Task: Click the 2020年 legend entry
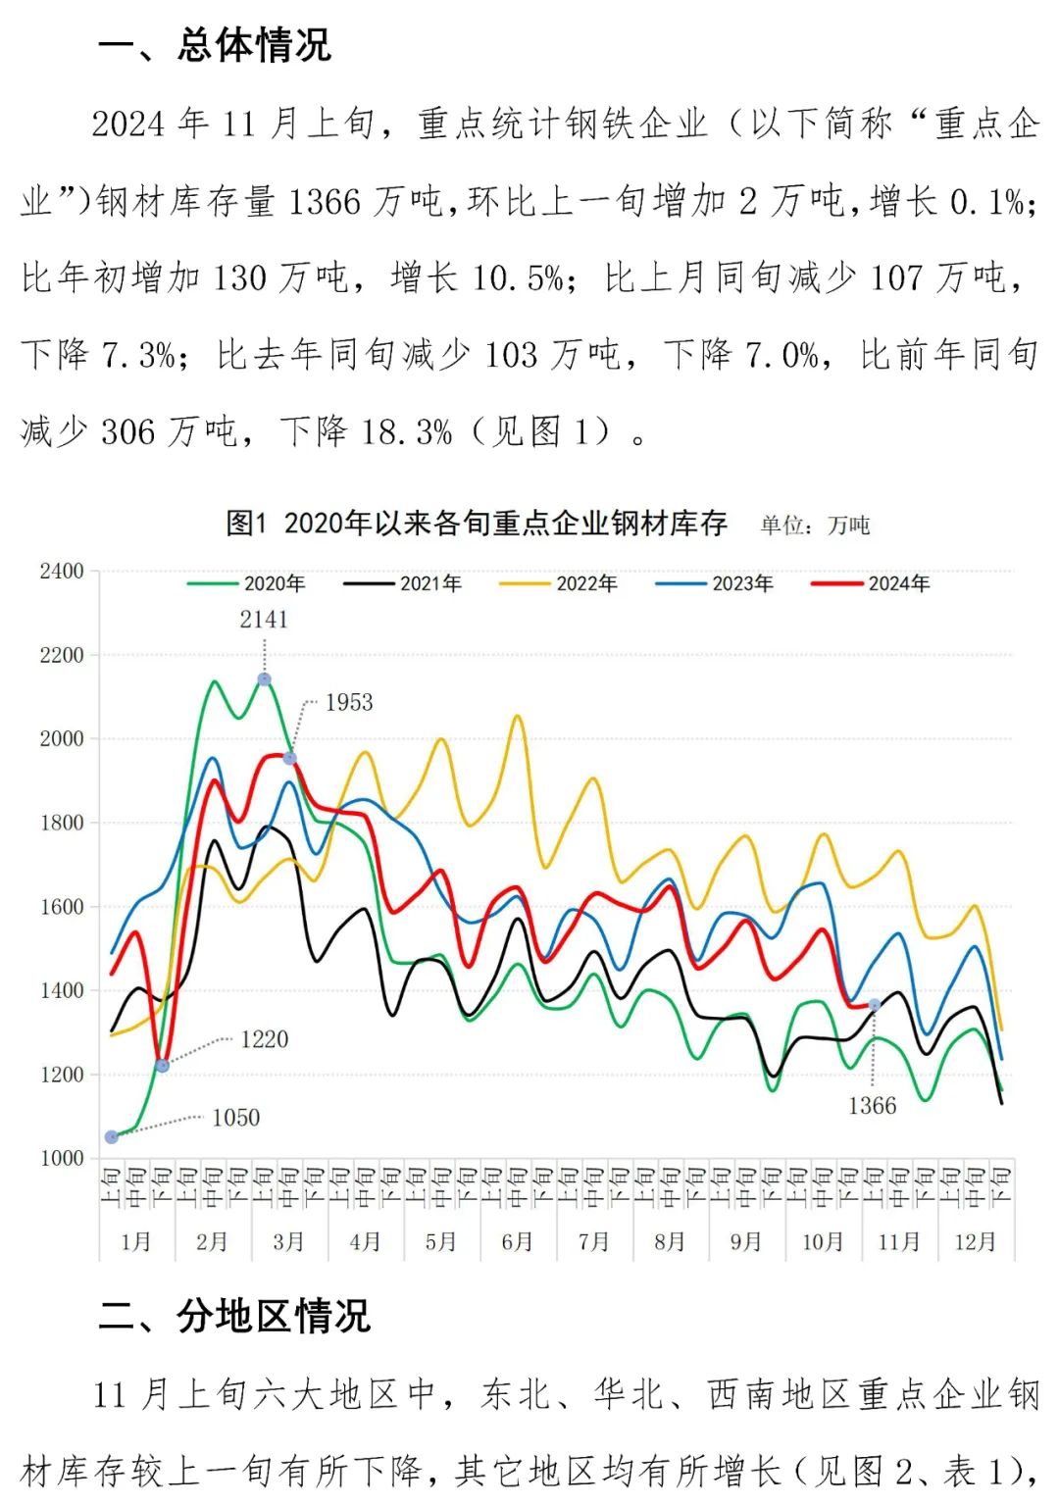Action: pos(248,583)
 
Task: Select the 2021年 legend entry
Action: pos(404,583)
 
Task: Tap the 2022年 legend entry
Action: pos(560,583)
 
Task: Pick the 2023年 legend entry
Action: pos(716,583)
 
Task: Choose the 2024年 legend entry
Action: pos(872,583)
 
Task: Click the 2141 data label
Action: pos(264,620)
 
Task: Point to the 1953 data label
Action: pos(349,702)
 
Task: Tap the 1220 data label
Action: pos(265,1039)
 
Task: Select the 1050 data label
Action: pos(236,1118)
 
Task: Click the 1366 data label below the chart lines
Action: pos(872,1106)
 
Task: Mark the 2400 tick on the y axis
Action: pos(62,572)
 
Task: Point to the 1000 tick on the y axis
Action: pos(62,1158)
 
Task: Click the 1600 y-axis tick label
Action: pos(62,907)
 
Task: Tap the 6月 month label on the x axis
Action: pos(517,1241)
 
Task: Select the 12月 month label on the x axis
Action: pos(975,1241)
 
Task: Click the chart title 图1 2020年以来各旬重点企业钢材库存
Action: pos(477,524)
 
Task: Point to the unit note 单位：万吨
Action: pos(816,526)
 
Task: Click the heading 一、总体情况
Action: pos(215,45)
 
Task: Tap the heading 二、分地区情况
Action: pos(234,1316)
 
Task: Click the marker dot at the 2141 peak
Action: pos(265,679)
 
